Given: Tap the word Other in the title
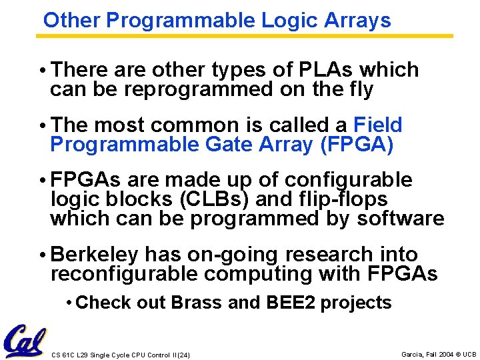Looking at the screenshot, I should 72,21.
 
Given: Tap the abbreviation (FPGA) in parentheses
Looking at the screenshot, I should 358,144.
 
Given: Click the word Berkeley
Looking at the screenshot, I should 95,255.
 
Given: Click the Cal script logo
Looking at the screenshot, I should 24,341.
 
